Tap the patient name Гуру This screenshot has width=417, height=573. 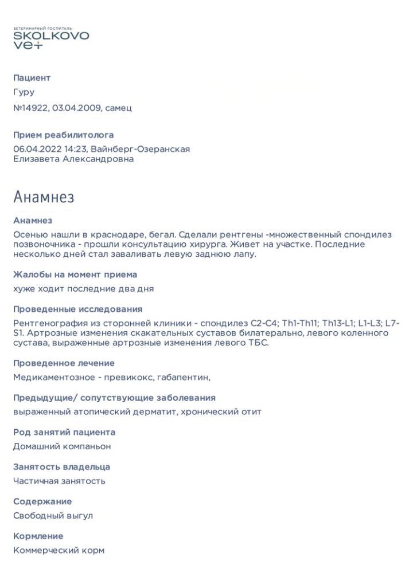pos(24,92)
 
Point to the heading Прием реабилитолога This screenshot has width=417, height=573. pos(63,135)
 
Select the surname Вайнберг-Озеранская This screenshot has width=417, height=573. pos(140,149)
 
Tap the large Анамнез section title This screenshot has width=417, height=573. pos(44,198)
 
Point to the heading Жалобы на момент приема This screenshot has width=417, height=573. pos(75,274)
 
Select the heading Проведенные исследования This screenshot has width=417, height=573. pos(77,309)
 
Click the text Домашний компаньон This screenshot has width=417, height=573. pos(62,446)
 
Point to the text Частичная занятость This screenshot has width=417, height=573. pos(59,481)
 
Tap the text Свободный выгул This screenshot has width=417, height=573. pos(53,515)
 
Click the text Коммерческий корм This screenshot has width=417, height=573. pos(59,550)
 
